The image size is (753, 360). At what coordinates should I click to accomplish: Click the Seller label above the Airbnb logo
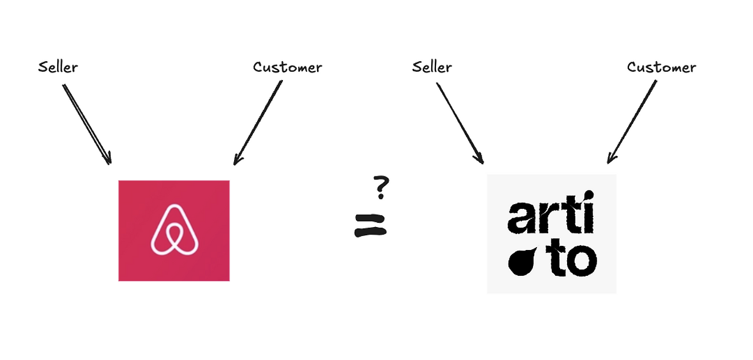[x=58, y=67]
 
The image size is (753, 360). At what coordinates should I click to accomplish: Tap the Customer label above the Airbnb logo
[x=287, y=67]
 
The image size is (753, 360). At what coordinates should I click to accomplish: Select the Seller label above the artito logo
[x=432, y=67]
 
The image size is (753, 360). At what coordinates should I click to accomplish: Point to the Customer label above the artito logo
[x=661, y=67]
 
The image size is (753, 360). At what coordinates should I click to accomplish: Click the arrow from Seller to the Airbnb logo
[x=86, y=124]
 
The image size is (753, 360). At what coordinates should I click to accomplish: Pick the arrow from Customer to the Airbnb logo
[x=258, y=122]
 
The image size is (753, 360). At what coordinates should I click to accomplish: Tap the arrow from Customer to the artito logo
[x=632, y=121]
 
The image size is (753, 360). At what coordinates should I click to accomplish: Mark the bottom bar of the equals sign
[x=371, y=232]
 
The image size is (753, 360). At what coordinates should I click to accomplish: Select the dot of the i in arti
[x=586, y=198]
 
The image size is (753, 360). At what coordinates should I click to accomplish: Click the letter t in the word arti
[x=566, y=215]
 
